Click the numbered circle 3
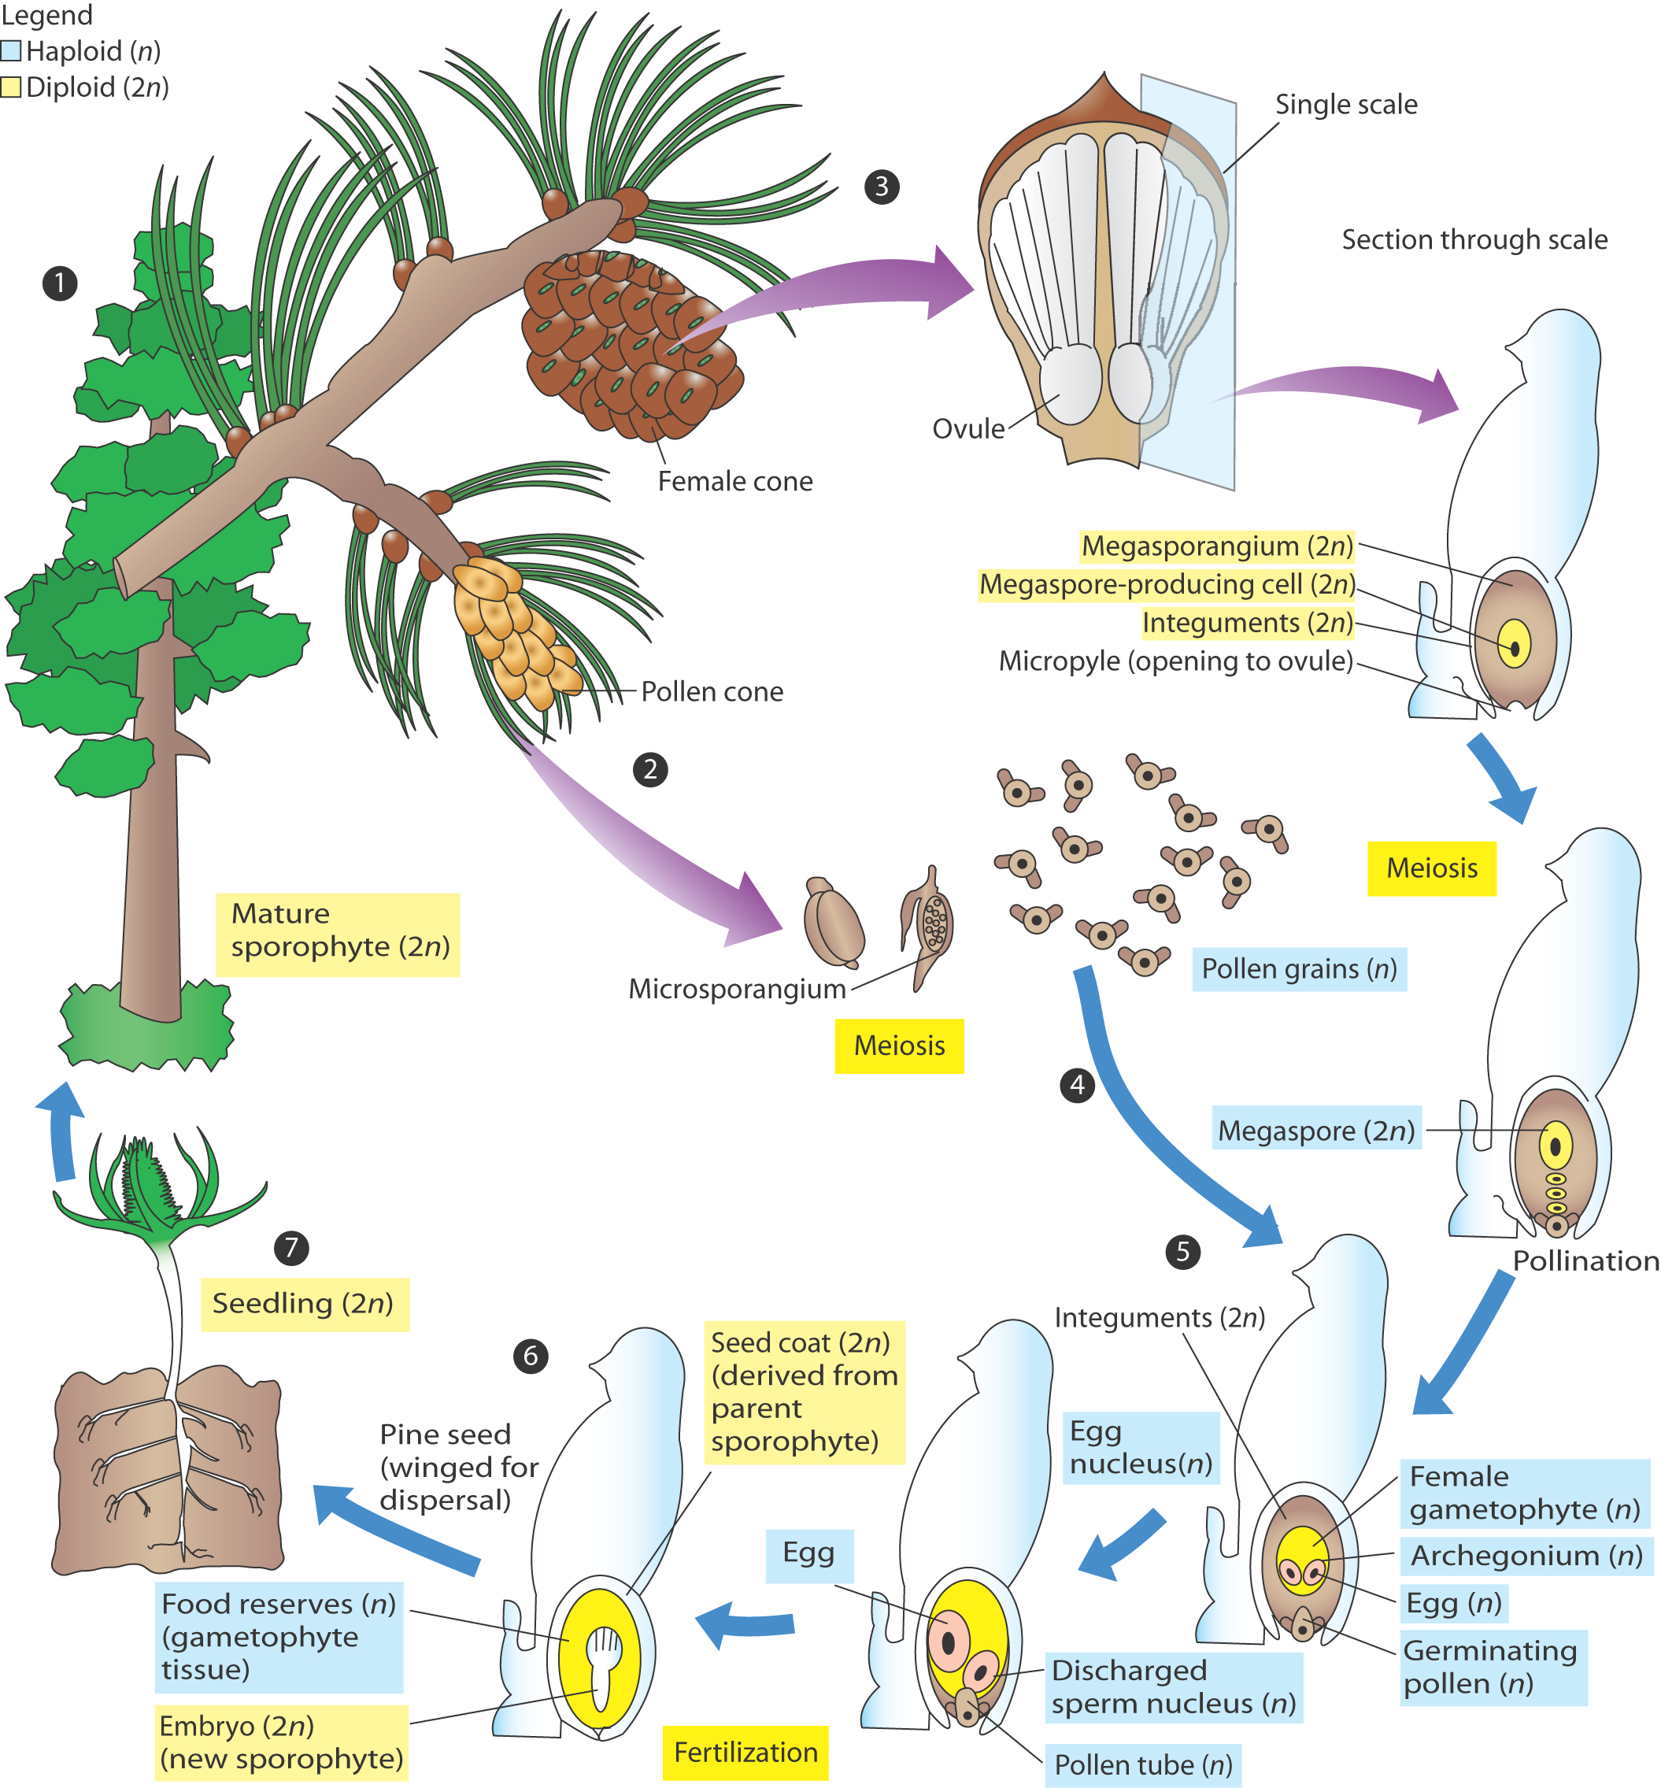881,186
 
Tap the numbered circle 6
531,1355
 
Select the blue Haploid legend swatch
11,50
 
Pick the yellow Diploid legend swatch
11,87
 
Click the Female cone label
734,482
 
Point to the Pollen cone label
711,691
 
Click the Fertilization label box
745,1752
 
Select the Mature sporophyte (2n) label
338,931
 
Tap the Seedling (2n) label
304,1304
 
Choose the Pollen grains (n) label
1299,969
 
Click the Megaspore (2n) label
1316,1130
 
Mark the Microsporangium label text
737,989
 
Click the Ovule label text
968,429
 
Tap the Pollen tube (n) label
1142,1764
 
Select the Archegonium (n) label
1526,1555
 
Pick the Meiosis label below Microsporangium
899,1046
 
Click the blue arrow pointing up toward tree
61,1133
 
